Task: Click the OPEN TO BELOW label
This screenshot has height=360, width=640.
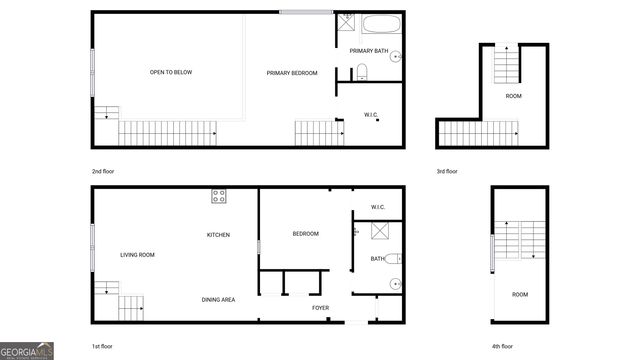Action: coord(169,73)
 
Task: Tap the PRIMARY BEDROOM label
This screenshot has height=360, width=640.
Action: coord(292,73)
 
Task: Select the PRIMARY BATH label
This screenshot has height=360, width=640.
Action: coord(368,50)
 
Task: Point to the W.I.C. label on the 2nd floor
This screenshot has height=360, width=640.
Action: coord(370,114)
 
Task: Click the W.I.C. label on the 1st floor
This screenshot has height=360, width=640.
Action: coord(378,208)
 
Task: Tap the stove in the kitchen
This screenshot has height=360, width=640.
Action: coord(219,197)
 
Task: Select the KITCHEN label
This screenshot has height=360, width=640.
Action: coord(219,235)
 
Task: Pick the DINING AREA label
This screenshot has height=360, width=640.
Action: coord(219,300)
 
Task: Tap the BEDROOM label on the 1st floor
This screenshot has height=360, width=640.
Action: coord(305,234)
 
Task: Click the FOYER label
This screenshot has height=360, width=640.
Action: coord(320,308)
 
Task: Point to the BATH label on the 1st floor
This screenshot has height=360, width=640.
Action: coord(377,259)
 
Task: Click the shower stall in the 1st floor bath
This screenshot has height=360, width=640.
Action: coord(380,232)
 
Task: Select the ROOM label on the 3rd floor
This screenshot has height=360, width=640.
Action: coord(513,96)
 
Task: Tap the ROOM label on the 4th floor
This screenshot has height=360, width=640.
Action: coord(520,294)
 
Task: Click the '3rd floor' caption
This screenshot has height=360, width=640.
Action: coord(447,171)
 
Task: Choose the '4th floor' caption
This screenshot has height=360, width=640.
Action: coord(502,345)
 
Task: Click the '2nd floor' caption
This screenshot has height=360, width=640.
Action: coord(103,171)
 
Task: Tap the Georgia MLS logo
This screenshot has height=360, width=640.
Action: coord(27,350)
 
